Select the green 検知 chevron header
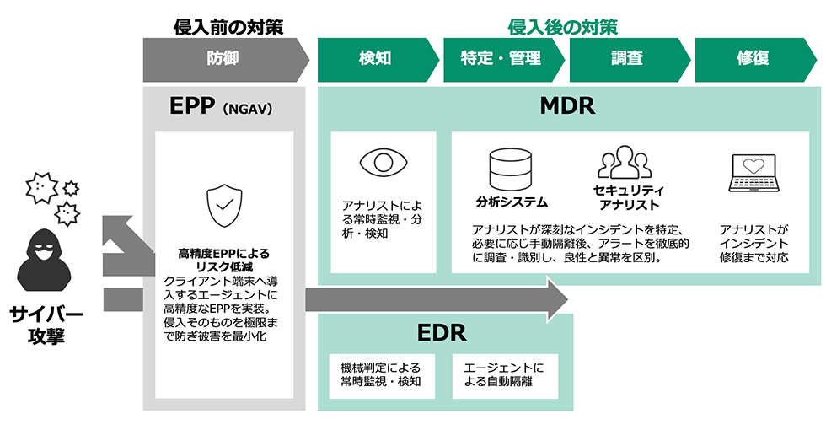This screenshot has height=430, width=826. tap(375, 59)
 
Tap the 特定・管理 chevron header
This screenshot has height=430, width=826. tap(501, 59)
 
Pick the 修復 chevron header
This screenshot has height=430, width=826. tap(753, 59)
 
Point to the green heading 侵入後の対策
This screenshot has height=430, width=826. tap(562, 27)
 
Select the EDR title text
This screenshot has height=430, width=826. tap(442, 333)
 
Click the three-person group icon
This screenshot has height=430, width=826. tap(625, 162)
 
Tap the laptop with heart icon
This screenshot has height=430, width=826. tap(753, 174)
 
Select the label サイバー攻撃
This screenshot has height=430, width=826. tap(46, 325)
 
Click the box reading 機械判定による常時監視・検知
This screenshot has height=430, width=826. tap(380, 375)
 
